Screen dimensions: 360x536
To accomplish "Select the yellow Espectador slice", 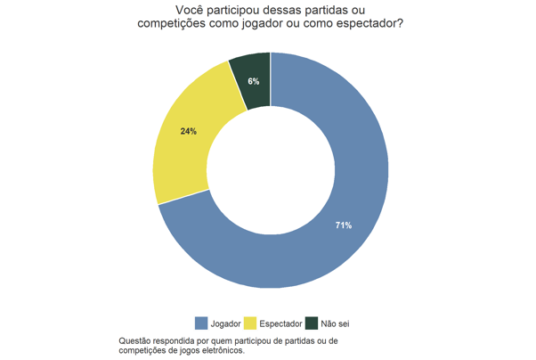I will coord(191,143).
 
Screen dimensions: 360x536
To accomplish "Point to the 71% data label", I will coord(343,225).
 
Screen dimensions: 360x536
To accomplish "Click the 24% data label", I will coord(188,131).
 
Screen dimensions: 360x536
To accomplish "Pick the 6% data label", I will coord(254,81).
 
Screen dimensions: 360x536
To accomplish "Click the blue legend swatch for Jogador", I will coord(201,323).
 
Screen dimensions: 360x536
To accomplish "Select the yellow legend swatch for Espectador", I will coord(251,323).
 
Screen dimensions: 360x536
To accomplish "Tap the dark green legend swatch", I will coord(312,323).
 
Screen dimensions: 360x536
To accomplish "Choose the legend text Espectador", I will coord(280,323).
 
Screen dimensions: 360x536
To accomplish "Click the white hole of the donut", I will coord(271,170).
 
